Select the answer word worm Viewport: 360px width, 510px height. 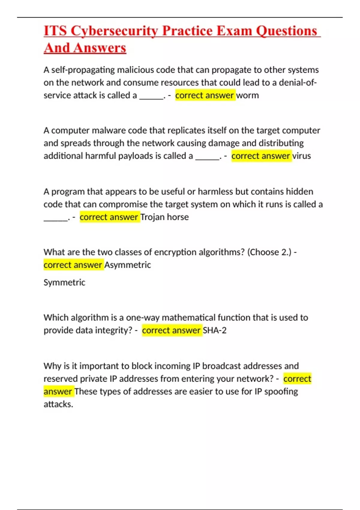point(247,95)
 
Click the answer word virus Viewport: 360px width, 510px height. point(301,156)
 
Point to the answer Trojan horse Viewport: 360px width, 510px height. point(165,217)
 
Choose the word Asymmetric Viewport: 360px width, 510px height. point(127,265)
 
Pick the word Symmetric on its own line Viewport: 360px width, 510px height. point(64,282)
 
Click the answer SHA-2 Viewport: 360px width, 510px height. point(214,330)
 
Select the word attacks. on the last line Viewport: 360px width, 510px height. point(58,404)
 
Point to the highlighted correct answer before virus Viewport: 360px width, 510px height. point(261,156)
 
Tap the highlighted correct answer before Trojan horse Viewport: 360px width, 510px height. point(109,217)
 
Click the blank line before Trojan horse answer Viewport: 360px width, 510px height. point(56,219)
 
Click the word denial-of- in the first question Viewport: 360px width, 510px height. point(298,82)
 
